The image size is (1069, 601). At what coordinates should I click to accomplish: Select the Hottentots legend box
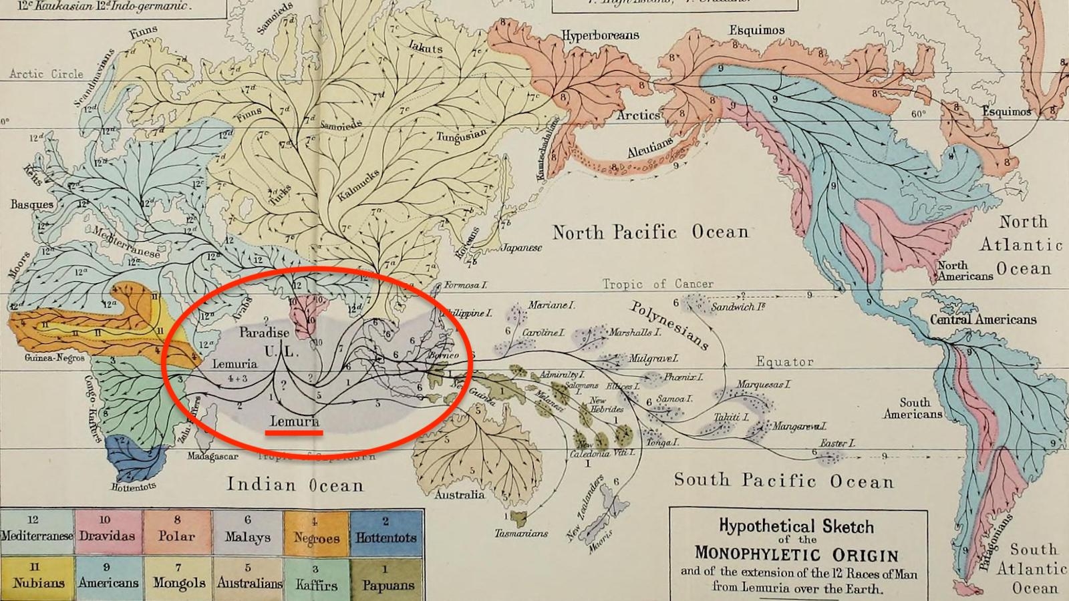pos(386,531)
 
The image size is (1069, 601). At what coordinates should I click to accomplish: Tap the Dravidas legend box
pos(107,531)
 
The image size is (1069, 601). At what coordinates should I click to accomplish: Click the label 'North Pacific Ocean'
pos(650,232)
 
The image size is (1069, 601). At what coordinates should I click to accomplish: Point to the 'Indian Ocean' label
pos(295,485)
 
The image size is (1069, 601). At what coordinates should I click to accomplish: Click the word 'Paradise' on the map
pos(265,333)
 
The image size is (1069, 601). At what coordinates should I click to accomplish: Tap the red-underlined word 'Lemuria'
pos(295,421)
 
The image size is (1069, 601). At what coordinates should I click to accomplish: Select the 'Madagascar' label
pos(212,457)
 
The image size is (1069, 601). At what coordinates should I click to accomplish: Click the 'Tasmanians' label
pos(521,533)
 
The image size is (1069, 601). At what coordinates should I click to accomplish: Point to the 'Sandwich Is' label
pos(738,307)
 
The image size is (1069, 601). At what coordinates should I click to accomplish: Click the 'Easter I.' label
pos(837,443)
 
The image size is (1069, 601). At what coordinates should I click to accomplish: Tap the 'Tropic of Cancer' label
pos(657,284)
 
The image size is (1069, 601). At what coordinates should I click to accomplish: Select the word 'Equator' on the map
pos(784,362)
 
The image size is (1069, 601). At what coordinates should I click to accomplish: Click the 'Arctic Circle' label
pos(46,74)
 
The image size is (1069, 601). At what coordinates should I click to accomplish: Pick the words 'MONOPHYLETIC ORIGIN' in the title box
pos(796,554)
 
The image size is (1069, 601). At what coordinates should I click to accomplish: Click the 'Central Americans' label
pos(983,319)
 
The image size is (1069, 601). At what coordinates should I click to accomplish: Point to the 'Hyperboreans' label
pos(600,35)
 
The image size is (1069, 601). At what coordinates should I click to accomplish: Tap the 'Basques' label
pos(31,204)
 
